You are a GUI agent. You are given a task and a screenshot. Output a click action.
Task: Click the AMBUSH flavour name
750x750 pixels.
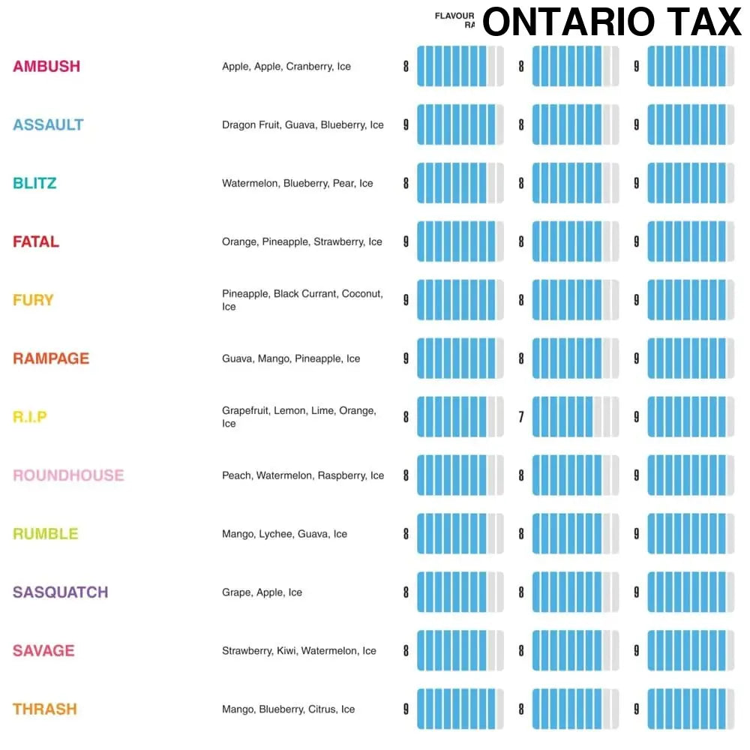click(x=46, y=66)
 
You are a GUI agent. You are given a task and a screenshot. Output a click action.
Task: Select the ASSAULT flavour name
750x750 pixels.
click(x=48, y=124)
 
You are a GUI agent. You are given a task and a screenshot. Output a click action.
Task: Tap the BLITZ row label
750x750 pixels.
click(x=34, y=183)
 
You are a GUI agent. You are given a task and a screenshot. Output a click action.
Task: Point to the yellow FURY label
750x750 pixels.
click(x=33, y=300)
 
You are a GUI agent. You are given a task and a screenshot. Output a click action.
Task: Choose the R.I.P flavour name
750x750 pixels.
click(x=30, y=417)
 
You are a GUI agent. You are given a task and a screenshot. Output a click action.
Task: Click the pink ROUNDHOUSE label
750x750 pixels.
click(x=68, y=475)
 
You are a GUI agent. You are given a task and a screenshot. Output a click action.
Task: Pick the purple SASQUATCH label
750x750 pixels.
click(x=61, y=592)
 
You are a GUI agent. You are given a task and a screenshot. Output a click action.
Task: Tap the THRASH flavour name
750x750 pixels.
click(x=45, y=709)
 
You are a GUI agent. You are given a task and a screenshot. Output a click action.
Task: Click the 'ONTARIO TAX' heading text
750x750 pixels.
click(x=611, y=22)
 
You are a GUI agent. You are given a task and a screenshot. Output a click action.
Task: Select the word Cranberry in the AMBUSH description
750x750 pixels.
click(x=309, y=67)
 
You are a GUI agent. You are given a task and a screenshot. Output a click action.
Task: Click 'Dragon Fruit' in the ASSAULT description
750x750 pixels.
click(x=251, y=125)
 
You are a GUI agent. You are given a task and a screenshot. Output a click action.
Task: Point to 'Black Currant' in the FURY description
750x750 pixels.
click(x=305, y=294)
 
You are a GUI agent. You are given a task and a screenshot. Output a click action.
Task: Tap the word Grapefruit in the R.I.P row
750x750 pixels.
click(x=244, y=411)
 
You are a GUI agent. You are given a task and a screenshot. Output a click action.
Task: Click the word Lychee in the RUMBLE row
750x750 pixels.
click(x=275, y=534)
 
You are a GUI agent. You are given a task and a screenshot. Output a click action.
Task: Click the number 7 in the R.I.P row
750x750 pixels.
click(x=521, y=417)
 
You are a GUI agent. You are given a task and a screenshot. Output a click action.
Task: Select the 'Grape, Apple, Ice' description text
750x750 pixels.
click(x=262, y=592)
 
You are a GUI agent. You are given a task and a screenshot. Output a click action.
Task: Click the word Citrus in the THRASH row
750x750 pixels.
click(x=322, y=709)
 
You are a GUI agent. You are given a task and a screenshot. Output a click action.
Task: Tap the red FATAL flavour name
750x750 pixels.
click(x=36, y=241)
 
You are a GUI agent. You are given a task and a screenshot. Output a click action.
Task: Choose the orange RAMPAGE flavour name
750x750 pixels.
click(x=51, y=358)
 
